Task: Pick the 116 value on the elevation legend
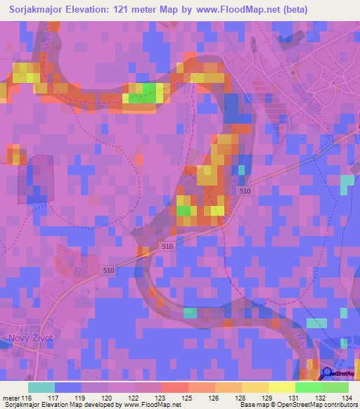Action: (x=27, y=398)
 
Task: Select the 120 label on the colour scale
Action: (x=110, y=398)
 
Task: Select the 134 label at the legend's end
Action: (x=347, y=398)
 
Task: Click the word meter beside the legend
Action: (x=10, y=398)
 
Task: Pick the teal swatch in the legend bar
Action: (x=41, y=387)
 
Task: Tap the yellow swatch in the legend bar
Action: (x=281, y=387)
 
